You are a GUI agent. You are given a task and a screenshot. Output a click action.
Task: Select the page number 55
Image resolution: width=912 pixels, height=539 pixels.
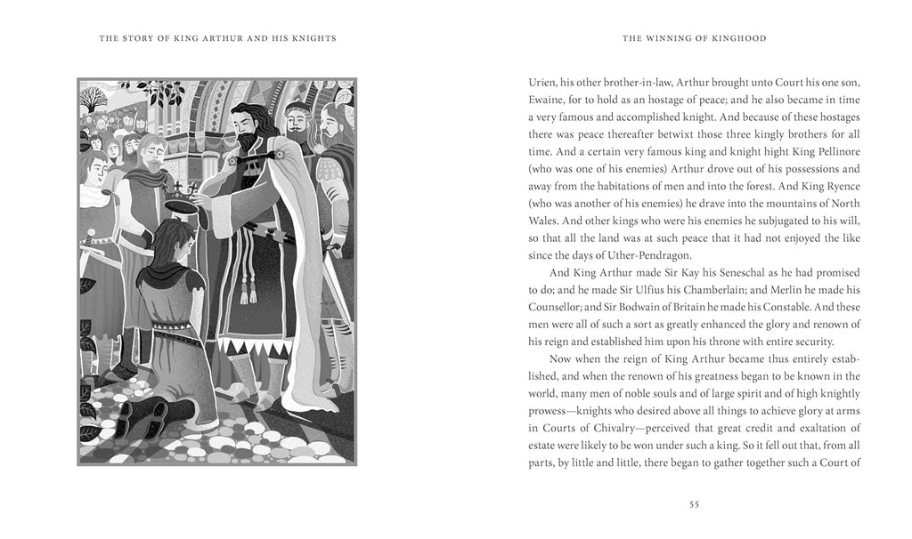click(695, 504)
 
